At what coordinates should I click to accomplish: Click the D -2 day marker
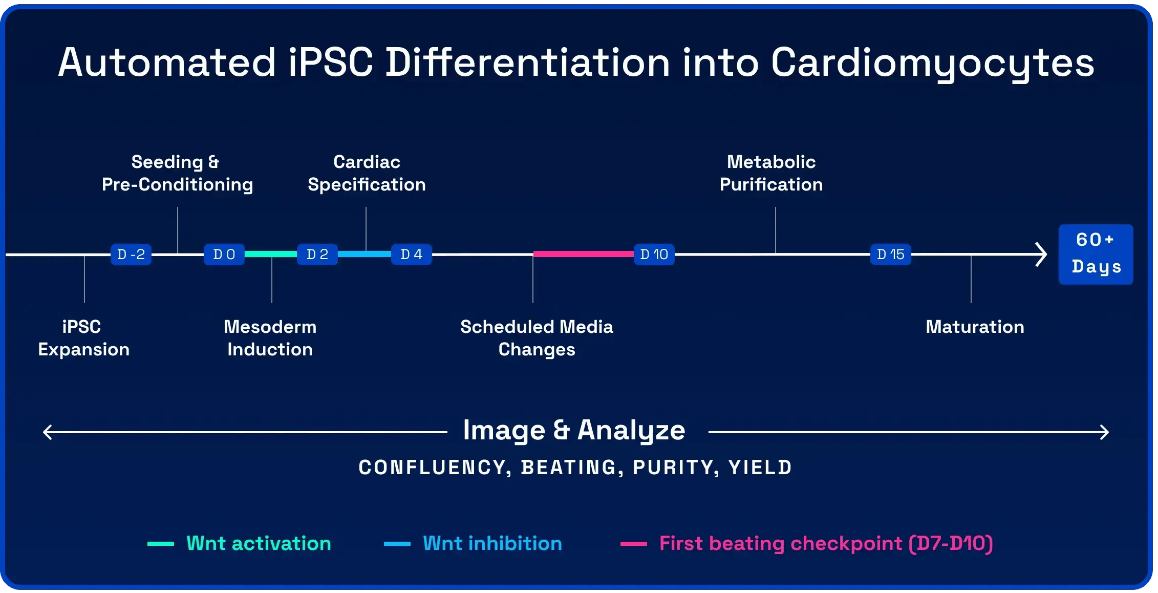(x=131, y=255)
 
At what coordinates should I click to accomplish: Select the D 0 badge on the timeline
(x=224, y=255)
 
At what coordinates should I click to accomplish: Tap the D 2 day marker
(x=317, y=255)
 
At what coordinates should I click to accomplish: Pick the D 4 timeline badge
(x=412, y=255)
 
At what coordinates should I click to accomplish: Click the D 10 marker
(x=654, y=255)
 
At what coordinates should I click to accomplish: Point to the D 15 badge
(x=891, y=255)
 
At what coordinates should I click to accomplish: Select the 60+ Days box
(x=1096, y=254)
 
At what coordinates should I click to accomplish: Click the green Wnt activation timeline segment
(x=271, y=254)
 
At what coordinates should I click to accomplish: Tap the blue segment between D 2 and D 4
(x=364, y=254)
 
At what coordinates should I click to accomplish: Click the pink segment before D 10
(x=583, y=254)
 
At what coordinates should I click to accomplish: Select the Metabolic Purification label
(x=771, y=173)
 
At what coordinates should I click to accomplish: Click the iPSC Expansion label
(x=83, y=338)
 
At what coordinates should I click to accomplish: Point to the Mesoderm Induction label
(x=270, y=338)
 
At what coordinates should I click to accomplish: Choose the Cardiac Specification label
(x=367, y=173)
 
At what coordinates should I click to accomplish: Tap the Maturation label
(x=975, y=327)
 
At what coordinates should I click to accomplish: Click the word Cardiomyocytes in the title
(x=932, y=63)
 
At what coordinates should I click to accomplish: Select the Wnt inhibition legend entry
(x=492, y=543)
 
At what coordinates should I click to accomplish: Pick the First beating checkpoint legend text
(x=826, y=543)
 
